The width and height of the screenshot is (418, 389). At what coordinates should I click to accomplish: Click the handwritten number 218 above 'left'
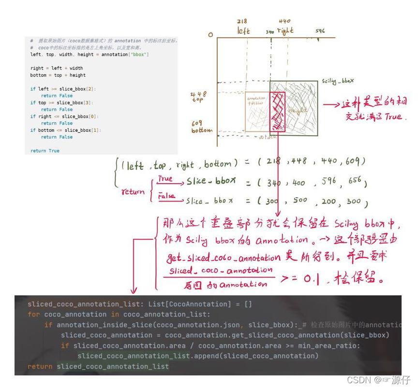pos(242,21)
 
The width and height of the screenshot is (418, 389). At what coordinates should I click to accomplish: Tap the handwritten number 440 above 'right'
pos(285,21)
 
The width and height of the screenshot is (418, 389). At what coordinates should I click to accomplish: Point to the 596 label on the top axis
pos(320,31)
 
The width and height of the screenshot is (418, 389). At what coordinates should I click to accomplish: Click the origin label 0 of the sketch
pos(210,35)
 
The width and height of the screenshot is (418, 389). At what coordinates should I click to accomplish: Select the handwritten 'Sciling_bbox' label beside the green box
pos(338,82)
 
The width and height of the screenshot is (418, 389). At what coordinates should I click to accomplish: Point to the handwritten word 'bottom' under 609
pos(202,130)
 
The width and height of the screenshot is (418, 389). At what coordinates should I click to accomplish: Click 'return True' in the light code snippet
pos(45,151)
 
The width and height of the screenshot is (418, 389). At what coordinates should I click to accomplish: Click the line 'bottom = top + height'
pos(58,75)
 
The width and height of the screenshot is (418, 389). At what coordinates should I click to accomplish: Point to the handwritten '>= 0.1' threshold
pos(300,279)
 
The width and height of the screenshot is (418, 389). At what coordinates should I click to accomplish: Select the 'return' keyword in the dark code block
pos(40,367)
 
